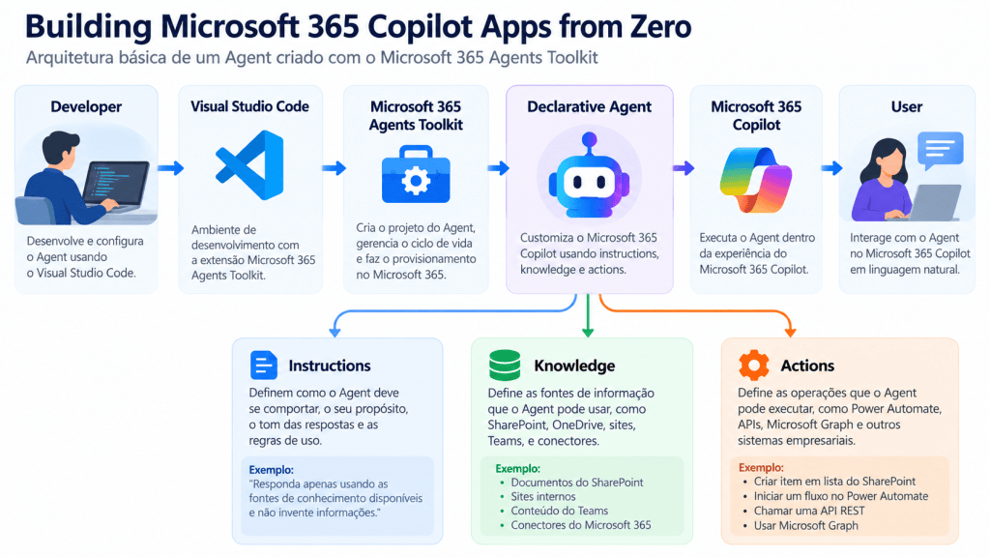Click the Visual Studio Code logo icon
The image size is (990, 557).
[x=250, y=165]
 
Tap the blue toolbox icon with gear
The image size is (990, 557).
[x=416, y=175]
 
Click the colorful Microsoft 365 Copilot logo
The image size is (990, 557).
[x=756, y=180]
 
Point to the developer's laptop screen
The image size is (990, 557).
[x=116, y=185]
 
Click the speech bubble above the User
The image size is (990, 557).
[x=940, y=150]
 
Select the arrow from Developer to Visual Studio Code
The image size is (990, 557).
[x=170, y=168]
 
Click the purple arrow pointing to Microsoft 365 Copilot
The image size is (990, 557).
[x=684, y=168]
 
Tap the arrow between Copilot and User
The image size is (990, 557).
[x=831, y=168]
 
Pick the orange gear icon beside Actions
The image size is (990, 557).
[x=754, y=365]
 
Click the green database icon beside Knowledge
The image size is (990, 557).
[x=505, y=365]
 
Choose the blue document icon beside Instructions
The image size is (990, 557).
[x=263, y=365]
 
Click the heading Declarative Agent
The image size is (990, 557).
[x=589, y=106]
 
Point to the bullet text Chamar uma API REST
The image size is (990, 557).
[x=809, y=511]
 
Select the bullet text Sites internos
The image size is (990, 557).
[x=543, y=496]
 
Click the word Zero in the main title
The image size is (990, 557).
[x=660, y=26]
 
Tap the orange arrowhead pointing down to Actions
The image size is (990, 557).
[x=789, y=332]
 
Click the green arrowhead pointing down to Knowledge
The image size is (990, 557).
[x=588, y=332]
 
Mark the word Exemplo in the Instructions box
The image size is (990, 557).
[x=271, y=470]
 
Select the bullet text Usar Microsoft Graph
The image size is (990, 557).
[x=805, y=525]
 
